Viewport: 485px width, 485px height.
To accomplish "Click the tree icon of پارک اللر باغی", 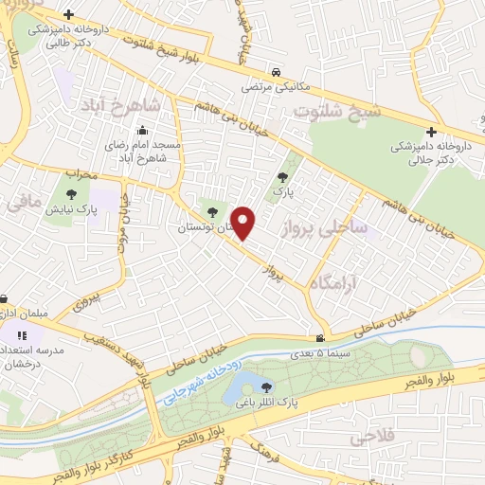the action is coord(266,386).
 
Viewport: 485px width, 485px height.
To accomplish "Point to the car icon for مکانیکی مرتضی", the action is coord(274,72).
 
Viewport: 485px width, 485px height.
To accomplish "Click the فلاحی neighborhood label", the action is coord(350,438).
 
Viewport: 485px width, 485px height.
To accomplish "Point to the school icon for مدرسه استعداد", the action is coord(22,334).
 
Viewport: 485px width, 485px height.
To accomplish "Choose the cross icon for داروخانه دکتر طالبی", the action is coord(69,16).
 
